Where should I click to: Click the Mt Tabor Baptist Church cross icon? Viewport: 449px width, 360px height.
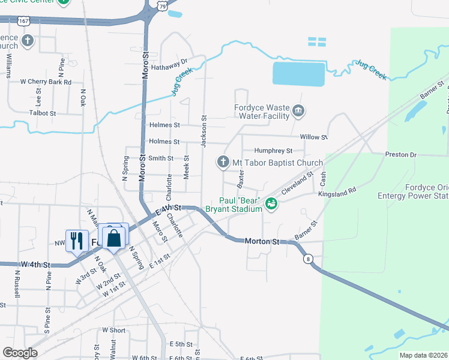(x=223, y=162)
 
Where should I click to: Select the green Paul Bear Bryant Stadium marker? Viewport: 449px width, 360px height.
(x=271, y=204)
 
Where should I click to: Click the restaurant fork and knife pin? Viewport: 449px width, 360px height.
(x=76, y=240)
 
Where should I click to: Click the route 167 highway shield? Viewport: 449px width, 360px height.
(x=23, y=20)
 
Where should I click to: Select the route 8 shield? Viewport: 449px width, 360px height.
(x=308, y=259)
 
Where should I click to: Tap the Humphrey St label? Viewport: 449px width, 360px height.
(x=273, y=151)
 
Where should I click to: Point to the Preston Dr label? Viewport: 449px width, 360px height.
(x=400, y=155)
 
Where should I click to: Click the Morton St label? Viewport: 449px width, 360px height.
(x=262, y=241)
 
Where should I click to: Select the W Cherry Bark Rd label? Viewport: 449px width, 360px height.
(x=46, y=82)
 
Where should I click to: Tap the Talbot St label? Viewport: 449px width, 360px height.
(x=43, y=113)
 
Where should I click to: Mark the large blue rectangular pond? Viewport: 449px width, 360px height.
(x=298, y=74)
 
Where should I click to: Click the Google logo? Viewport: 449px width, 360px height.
(x=20, y=353)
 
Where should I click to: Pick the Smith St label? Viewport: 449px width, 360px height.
(x=161, y=158)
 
